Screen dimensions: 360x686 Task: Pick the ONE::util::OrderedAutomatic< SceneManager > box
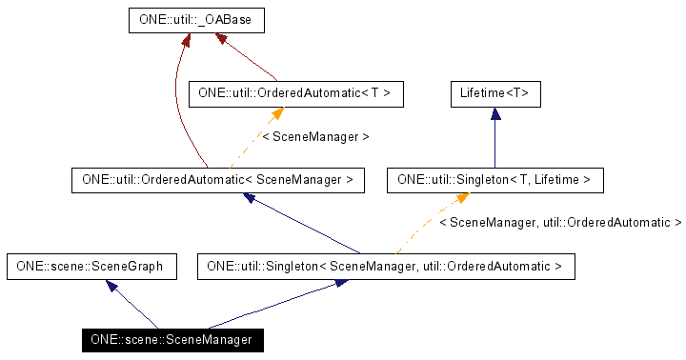point(218,179)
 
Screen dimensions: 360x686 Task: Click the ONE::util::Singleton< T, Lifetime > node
point(494,179)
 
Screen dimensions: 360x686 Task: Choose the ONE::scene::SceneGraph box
point(91,267)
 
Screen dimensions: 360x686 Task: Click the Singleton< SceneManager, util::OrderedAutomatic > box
point(386,267)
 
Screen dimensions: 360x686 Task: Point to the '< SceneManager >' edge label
point(315,137)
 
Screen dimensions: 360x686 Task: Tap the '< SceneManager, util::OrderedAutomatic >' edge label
point(559,223)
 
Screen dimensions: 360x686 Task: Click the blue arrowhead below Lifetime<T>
point(494,112)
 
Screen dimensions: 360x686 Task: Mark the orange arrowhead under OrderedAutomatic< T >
point(277,113)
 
